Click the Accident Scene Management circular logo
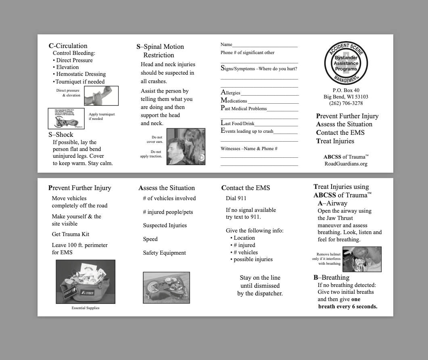pos(346,63)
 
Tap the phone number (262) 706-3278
pos(346,103)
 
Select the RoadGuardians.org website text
pos(346,164)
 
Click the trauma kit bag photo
pos(86,282)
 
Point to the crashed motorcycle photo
pos(166,287)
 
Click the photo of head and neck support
pos(186,147)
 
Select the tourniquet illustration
pos(66,119)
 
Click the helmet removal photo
pos(362,259)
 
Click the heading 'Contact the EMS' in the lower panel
pos(246,188)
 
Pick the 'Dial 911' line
pos(236,198)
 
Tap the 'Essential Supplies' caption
pos(86,308)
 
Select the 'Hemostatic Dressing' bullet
pos(81,74)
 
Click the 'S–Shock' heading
pos(61,135)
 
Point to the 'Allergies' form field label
pos(230,93)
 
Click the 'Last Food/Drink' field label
pos(238,123)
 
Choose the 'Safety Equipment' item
pos(164,253)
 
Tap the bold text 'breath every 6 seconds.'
pos(348,307)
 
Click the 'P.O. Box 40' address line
pos(346,90)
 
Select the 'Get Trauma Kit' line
pos(71,234)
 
